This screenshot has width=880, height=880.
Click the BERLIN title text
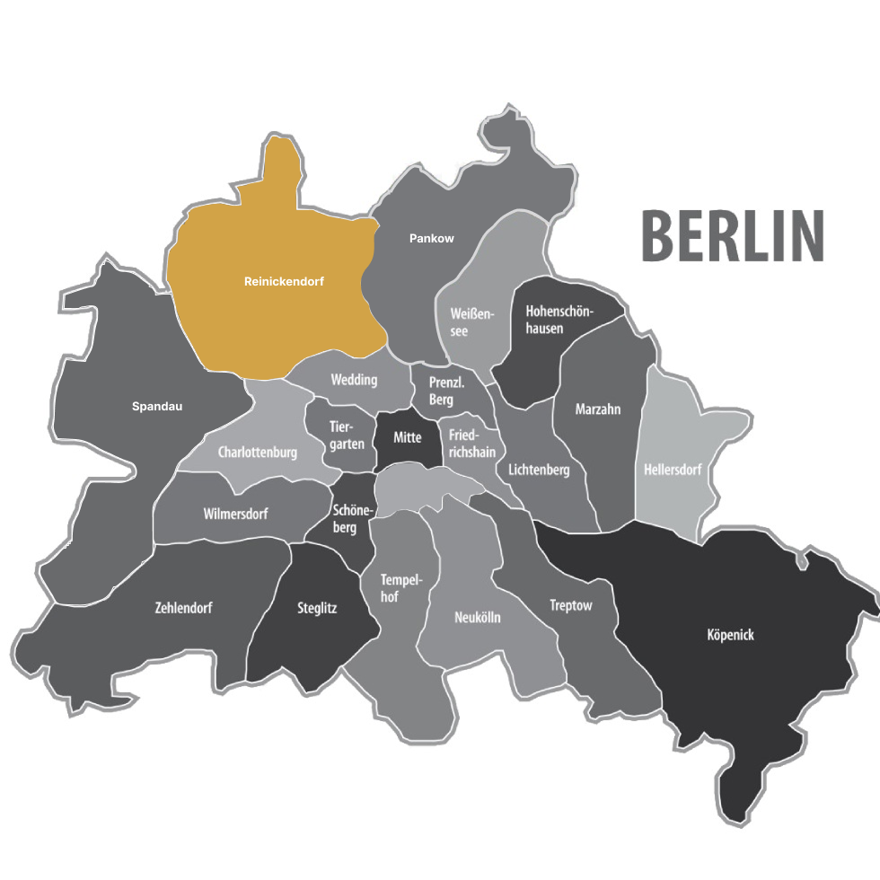[x=732, y=236]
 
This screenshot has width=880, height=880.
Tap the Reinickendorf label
[x=284, y=281]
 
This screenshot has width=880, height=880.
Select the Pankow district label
[x=432, y=238]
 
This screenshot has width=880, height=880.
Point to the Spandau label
[x=157, y=406]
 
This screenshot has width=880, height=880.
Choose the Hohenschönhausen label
[x=557, y=319]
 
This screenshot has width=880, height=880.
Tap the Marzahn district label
[x=598, y=409]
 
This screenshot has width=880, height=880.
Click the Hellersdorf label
[x=673, y=470]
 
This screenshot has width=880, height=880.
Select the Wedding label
[x=354, y=380]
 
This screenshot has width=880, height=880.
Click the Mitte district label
[x=408, y=437]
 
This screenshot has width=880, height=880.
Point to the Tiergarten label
[x=347, y=436]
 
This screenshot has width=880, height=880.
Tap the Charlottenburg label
[x=258, y=453]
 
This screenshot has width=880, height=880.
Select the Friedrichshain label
[x=471, y=444]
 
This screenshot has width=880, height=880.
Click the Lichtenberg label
[x=539, y=470]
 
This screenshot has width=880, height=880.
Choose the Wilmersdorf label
[x=235, y=514]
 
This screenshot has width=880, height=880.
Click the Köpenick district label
[x=730, y=635]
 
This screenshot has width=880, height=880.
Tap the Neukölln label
[x=478, y=618]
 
